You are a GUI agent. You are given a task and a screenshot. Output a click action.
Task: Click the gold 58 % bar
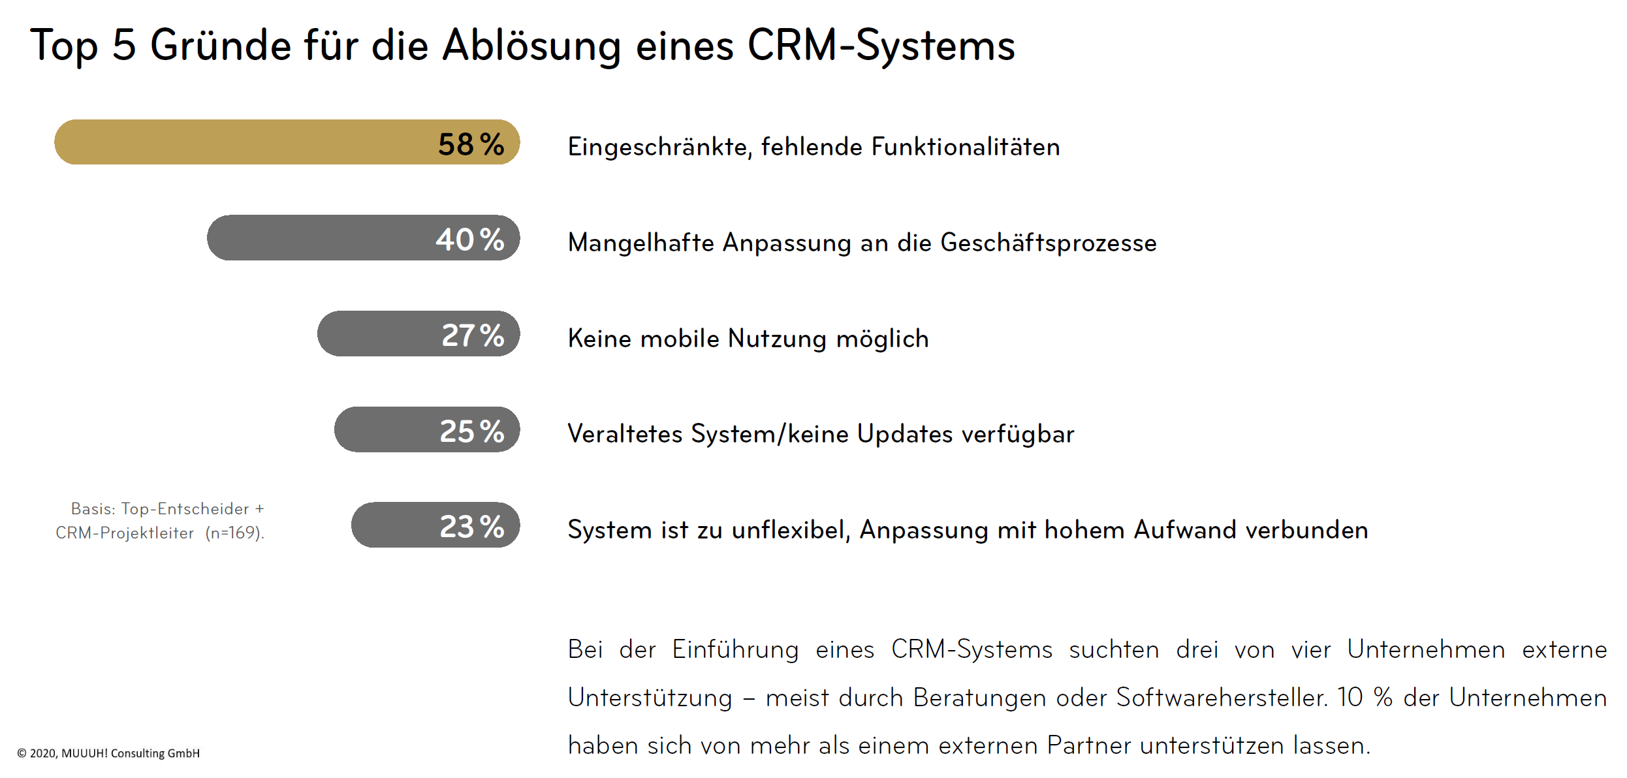coord(287,142)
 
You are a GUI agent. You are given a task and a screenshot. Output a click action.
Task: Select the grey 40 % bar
coord(363,238)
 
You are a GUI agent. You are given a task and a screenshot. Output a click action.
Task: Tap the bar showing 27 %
coord(419,334)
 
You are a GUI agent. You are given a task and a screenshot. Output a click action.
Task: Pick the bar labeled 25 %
coord(427,430)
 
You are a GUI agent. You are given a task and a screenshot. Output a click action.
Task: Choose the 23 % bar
coord(435,525)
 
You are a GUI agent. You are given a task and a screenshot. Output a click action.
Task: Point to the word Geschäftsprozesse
coord(1048,243)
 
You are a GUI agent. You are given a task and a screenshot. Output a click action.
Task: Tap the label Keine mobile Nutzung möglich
coord(748,339)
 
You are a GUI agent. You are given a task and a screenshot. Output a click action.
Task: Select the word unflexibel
coord(791,530)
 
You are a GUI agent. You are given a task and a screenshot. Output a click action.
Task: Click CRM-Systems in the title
coord(881,46)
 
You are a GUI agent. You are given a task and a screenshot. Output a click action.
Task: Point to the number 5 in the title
coord(124,46)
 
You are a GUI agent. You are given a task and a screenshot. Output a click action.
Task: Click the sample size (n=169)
coord(234,533)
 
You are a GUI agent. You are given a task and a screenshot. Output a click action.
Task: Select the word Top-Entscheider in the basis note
coord(185,509)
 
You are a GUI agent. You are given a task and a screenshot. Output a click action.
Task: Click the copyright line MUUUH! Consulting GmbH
coord(130,753)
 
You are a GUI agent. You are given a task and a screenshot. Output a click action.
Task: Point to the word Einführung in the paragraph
coord(735,650)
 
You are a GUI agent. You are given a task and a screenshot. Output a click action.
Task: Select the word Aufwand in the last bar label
coord(1185,530)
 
